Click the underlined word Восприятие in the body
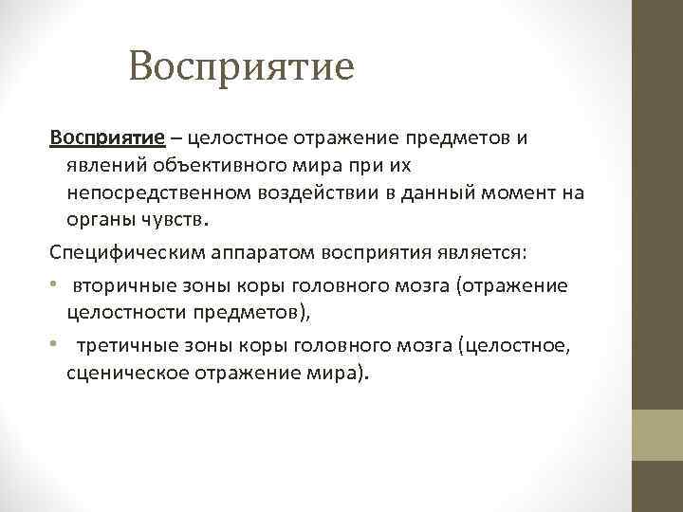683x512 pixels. (x=107, y=137)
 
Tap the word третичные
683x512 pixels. (x=128, y=347)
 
